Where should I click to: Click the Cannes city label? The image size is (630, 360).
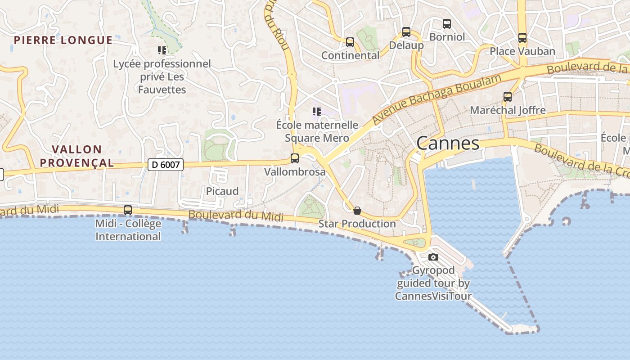(448, 143)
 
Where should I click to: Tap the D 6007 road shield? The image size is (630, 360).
(166, 165)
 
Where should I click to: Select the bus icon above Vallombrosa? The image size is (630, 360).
(295, 158)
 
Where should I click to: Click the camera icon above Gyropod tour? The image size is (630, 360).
(433, 257)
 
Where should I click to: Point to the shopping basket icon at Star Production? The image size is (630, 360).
(357, 211)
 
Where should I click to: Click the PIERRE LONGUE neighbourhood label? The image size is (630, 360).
(63, 40)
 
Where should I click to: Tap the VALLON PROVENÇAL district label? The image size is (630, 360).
(76, 156)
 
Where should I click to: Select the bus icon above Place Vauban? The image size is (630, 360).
(522, 38)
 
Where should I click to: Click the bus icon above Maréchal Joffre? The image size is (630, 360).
(508, 97)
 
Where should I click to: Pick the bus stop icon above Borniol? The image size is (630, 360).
(447, 24)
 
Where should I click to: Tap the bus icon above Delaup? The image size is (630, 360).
(406, 32)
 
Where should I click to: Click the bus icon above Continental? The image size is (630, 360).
(350, 42)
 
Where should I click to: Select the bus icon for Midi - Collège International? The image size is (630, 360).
(128, 210)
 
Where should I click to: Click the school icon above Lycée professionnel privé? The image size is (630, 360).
(162, 50)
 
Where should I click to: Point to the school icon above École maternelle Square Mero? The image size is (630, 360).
(317, 112)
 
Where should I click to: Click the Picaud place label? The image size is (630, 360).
(222, 191)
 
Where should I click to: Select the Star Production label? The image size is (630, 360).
(357, 224)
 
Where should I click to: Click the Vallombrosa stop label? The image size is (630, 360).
(295, 172)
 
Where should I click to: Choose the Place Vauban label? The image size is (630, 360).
(522, 51)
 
